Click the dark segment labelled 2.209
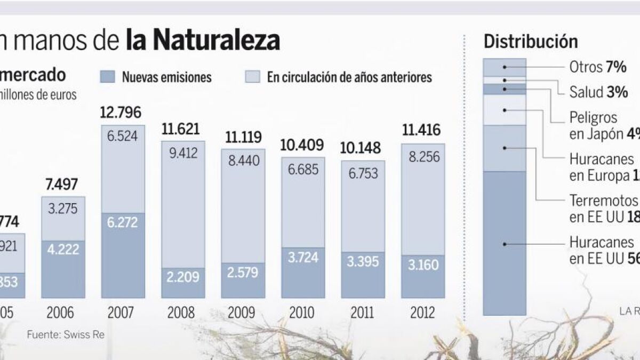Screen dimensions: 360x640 coord(183,283)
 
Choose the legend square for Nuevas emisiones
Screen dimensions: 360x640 coord(108,76)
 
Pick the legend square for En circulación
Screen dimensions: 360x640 coord(252,76)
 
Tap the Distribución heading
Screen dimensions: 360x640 coord(530,42)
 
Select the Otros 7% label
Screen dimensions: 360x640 coord(597,68)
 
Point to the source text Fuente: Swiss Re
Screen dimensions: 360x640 coord(66,335)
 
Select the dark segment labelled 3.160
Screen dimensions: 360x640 coord(423,276)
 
